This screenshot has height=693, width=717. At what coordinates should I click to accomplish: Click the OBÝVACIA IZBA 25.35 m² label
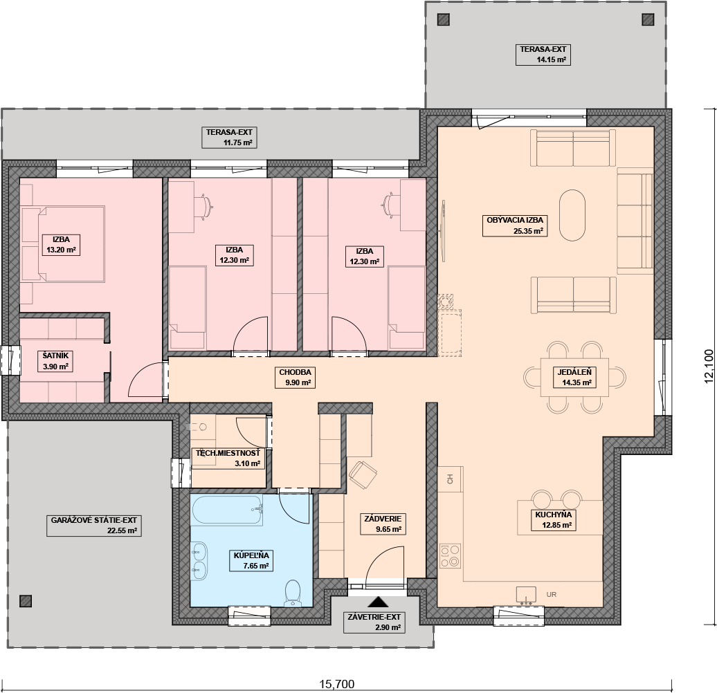coord(515,225)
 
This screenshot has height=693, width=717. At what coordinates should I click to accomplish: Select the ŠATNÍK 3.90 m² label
coord(55,361)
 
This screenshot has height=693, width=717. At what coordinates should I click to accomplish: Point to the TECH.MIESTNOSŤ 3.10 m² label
coord(228,458)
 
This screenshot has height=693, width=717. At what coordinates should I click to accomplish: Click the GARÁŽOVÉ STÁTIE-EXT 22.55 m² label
coord(93,526)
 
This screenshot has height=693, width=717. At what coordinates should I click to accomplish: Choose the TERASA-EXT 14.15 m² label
coord(543,55)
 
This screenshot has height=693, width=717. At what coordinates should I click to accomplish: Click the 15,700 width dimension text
coord(336,684)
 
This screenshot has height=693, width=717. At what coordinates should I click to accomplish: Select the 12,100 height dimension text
coord(709,366)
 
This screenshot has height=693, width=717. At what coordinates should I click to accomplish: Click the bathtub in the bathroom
coord(227,510)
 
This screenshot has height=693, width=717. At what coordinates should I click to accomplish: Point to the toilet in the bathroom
coord(292,593)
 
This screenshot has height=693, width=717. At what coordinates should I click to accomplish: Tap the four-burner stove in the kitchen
coord(450,556)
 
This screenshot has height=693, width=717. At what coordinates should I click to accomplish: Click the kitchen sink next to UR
coord(526,595)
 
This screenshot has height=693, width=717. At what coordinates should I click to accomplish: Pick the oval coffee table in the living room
coord(572,215)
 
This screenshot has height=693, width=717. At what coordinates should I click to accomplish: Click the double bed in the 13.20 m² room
coord(63,243)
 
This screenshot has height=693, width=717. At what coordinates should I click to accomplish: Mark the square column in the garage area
coord(26,601)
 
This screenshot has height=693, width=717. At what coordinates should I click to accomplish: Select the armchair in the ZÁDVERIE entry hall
coord(363,474)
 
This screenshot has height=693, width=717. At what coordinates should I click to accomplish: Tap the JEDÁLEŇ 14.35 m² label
coord(574,378)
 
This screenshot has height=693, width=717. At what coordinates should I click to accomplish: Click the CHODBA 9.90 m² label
coord(295,378)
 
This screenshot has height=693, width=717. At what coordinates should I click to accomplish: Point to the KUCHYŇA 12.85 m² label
coord(553,520)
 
